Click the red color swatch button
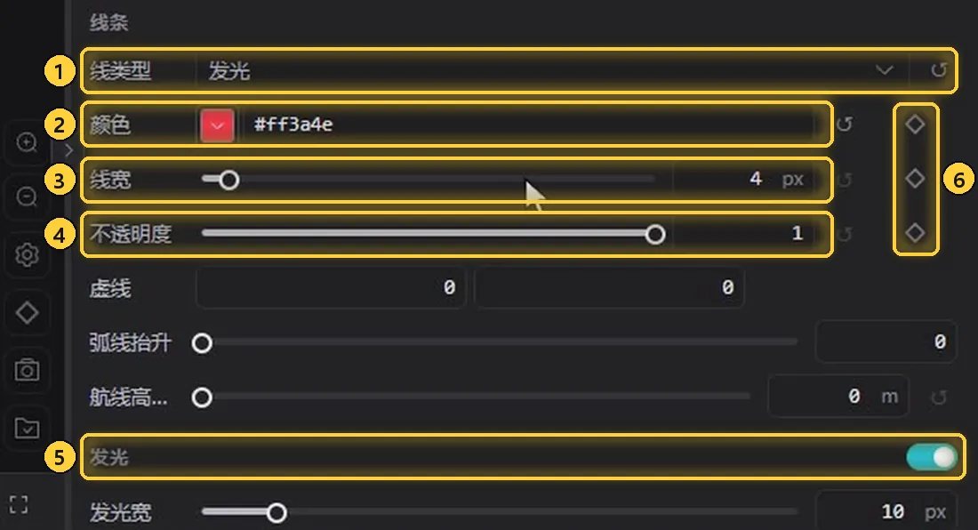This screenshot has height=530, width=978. (x=217, y=124)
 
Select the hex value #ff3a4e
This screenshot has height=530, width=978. (x=293, y=124)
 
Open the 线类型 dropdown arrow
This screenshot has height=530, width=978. (x=884, y=70)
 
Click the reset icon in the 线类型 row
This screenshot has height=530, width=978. (x=939, y=70)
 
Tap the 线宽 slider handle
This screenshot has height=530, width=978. (x=228, y=181)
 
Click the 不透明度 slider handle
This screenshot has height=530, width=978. (x=655, y=235)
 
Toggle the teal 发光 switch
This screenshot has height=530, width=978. (x=932, y=457)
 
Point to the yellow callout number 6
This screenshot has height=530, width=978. (x=958, y=180)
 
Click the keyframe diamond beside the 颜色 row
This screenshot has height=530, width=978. (x=915, y=124)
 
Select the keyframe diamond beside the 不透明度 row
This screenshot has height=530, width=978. (x=915, y=233)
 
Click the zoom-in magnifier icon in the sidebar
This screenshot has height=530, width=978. (x=27, y=143)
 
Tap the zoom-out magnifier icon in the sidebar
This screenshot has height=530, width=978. (x=27, y=197)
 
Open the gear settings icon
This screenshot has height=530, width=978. (x=27, y=254)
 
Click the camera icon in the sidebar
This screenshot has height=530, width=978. (x=27, y=370)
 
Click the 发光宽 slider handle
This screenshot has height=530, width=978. (x=277, y=513)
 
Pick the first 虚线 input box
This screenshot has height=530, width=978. (x=331, y=287)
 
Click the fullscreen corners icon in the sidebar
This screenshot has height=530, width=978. (x=19, y=504)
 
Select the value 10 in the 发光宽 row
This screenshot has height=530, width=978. (x=893, y=512)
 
